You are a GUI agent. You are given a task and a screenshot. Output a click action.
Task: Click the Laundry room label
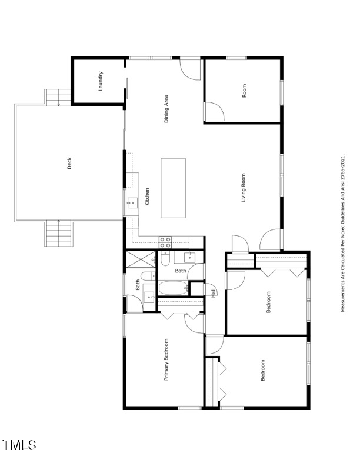point(101,81)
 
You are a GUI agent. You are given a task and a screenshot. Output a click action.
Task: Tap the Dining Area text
point(167,108)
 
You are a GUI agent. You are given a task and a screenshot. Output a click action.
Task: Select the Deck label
point(69,163)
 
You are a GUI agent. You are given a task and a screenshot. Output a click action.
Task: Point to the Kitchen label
point(147,197)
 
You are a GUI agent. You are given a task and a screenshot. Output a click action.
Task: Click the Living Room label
point(243,188)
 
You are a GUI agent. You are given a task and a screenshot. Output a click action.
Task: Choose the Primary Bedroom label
point(166,360)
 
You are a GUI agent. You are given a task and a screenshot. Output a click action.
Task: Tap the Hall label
point(213,293)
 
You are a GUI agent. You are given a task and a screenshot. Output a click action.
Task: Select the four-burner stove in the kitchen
point(166,241)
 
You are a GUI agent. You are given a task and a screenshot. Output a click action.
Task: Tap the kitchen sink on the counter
point(132,203)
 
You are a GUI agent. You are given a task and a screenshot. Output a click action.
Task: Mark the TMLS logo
point(19,445)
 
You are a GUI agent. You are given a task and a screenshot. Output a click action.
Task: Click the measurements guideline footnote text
point(342,233)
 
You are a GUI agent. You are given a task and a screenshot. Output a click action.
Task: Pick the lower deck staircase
point(59,233)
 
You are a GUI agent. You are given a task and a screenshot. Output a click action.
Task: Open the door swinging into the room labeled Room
point(214,111)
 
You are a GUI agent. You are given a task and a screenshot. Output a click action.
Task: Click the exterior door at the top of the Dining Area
point(191,68)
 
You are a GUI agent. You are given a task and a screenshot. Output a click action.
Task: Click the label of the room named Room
point(244,91)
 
